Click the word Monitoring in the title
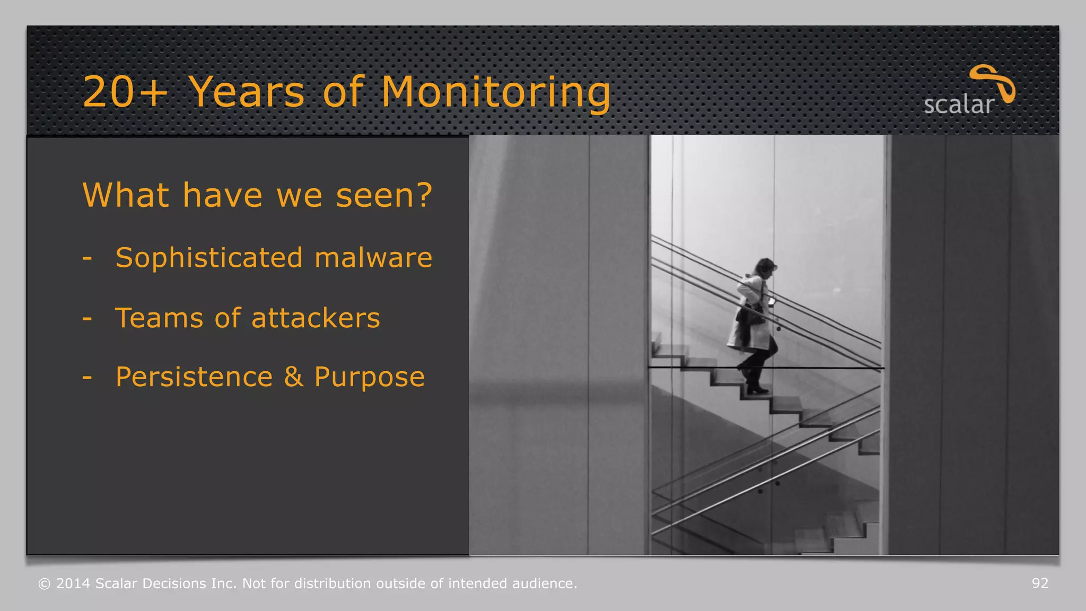[x=496, y=93]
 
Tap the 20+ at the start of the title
[x=125, y=93]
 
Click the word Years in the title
[x=247, y=93]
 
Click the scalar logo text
[x=958, y=105]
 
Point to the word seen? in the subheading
[x=384, y=195]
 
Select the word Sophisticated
[x=209, y=259]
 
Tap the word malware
[x=373, y=258]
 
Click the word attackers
[x=316, y=318]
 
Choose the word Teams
[x=159, y=318]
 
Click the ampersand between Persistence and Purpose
[x=293, y=377]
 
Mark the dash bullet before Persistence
[x=87, y=378]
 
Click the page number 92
[x=1040, y=583]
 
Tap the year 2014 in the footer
[x=73, y=583]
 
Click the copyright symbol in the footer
[x=45, y=584]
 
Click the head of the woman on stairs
[x=765, y=267]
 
